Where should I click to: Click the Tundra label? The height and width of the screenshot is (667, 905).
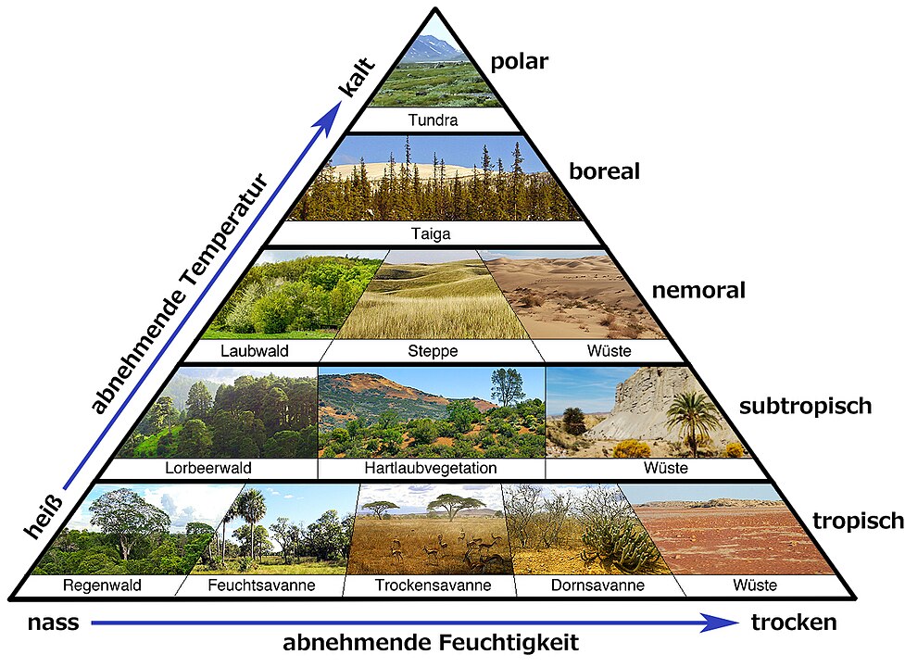(x=434, y=120)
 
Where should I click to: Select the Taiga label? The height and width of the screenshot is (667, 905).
(x=433, y=234)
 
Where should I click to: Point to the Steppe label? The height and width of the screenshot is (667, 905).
(x=434, y=351)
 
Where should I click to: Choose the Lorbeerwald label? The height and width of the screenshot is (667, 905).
(x=209, y=469)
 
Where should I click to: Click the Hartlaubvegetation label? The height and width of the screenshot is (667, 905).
(x=431, y=469)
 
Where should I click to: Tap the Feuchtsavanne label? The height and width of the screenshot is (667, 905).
(x=262, y=585)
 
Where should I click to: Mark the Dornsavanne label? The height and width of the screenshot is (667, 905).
(x=594, y=585)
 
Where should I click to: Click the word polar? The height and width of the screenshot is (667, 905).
(x=519, y=62)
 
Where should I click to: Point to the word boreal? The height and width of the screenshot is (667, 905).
(x=605, y=171)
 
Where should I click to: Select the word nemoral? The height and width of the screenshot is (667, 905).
(x=698, y=290)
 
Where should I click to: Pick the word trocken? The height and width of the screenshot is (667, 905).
(x=794, y=623)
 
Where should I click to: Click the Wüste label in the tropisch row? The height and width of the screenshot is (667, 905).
(x=754, y=585)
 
